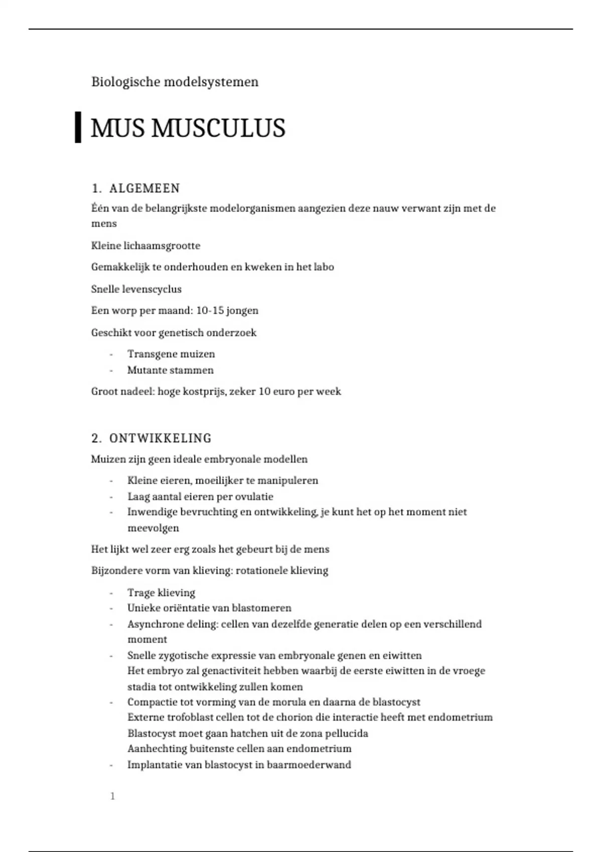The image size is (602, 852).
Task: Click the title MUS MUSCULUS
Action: click(188, 128)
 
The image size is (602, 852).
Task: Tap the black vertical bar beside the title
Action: click(78, 128)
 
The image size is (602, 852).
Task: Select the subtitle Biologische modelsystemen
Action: click(175, 82)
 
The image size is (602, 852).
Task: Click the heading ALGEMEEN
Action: click(144, 188)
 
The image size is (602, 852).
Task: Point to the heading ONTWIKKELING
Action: click(160, 439)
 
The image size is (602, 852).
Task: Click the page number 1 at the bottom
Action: click(113, 796)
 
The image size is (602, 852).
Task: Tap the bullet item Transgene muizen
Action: click(171, 354)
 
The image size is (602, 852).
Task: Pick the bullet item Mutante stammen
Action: click(171, 370)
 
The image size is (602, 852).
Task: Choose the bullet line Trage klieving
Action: click(161, 593)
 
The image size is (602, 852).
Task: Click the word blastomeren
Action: click(261, 608)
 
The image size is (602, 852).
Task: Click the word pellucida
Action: click(347, 734)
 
